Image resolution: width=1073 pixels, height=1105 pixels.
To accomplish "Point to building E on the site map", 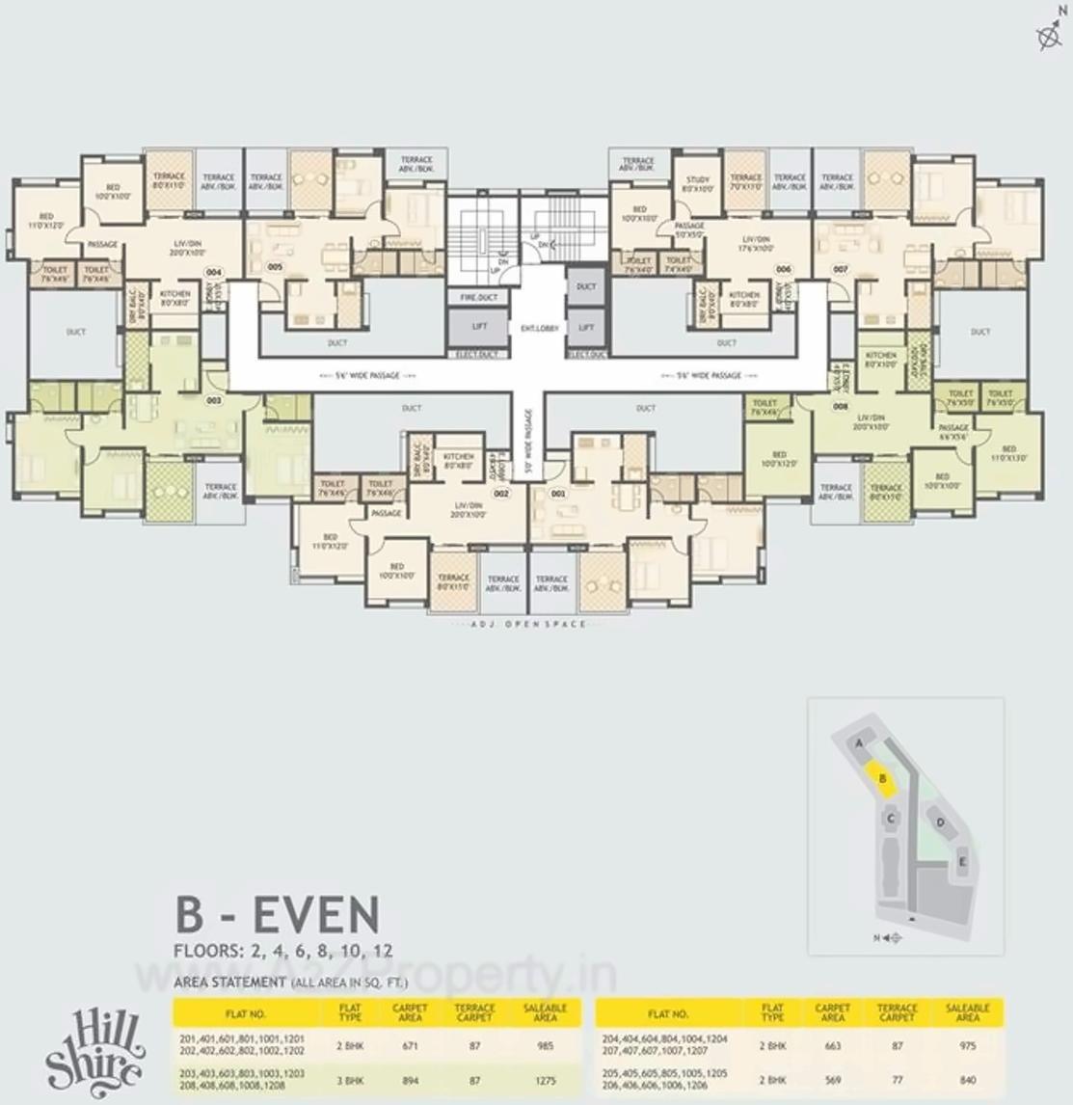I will (962, 861).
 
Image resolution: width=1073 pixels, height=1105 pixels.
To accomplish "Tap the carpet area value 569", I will (832, 1080).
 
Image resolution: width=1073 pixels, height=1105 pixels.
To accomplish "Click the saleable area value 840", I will (968, 1080).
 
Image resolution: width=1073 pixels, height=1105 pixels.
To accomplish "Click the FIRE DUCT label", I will (479, 298).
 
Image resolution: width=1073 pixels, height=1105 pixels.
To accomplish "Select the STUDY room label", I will (698, 184).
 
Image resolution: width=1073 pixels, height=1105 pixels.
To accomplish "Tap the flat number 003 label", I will (213, 399).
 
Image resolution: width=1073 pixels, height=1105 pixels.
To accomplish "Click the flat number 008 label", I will (841, 407).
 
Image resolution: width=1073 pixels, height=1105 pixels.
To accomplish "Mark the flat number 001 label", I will (557, 494).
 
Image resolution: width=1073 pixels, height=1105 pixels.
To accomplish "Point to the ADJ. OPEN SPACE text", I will (527, 625).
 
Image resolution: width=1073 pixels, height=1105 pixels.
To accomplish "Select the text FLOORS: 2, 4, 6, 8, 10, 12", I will (283, 951).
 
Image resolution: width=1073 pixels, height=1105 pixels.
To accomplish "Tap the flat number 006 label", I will (784, 269).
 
